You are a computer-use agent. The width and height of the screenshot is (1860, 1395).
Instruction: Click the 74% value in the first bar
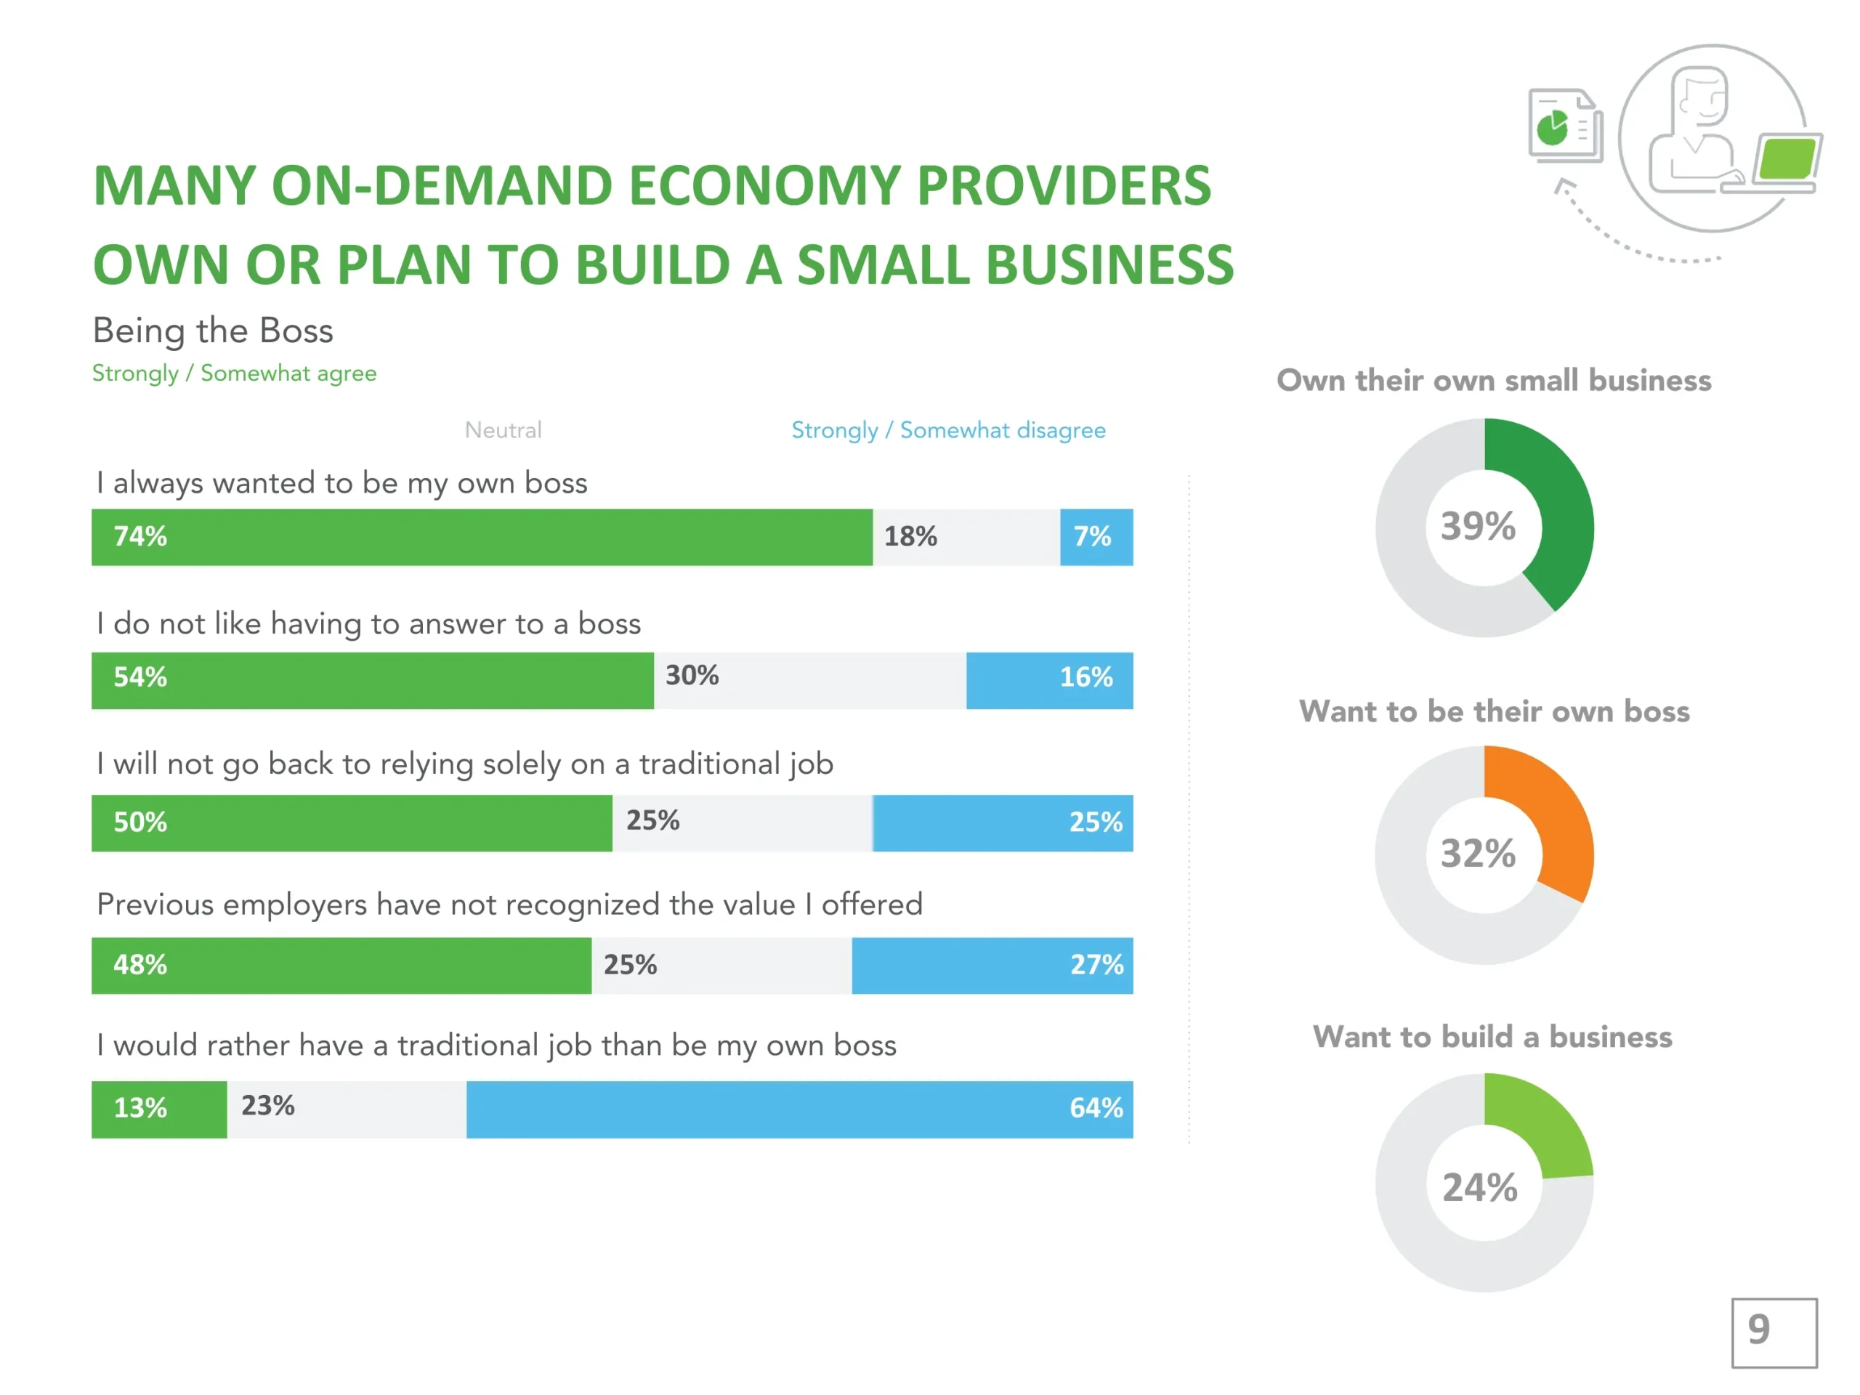(x=140, y=536)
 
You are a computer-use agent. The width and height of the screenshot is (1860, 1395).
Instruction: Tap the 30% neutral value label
(x=692, y=675)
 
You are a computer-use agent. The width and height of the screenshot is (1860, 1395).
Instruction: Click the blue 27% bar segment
(x=992, y=966)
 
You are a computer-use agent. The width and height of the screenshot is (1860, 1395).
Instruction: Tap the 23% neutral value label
(x=268, y=1106)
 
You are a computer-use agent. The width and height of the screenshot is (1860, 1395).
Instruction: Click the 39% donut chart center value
(x=1479, y=526)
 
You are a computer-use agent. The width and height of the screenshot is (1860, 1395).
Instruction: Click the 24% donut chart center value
(x=1480, y=1187)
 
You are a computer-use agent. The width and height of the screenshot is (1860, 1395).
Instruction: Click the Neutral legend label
(x=503, y=431)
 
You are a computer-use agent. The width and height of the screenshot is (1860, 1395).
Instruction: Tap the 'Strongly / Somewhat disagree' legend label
(x=948, y=431)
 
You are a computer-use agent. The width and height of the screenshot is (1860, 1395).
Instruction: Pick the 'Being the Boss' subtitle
(x=213, y=331)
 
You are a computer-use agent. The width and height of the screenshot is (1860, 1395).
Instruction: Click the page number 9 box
(x=1774, y=1332)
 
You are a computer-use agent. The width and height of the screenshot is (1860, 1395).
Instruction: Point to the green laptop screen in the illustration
(x=1787, y=159)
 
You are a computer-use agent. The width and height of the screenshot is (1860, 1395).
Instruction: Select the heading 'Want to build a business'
(x=1492, y=1037)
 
